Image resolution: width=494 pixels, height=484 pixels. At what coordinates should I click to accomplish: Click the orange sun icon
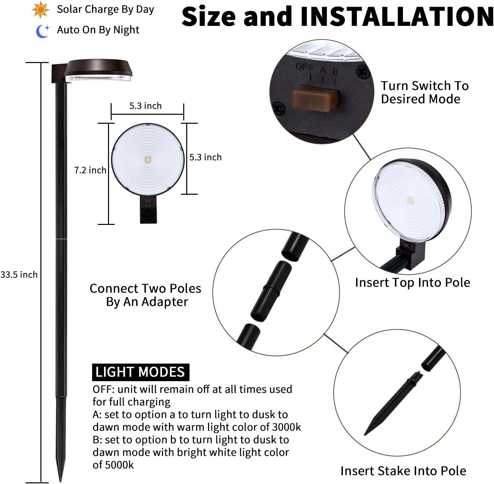pos(41,10)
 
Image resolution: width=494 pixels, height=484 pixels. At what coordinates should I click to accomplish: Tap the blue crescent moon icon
pos(42,31)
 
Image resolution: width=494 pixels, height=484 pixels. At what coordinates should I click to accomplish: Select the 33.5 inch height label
pos(19,275)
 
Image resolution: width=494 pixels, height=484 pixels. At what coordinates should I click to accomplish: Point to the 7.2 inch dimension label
pos(90,170)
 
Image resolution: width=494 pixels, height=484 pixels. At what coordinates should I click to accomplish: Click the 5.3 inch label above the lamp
pos(145,106)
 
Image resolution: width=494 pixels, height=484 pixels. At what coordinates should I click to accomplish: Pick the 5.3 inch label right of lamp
pos(205,157)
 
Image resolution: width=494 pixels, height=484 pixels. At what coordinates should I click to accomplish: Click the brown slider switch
pos(315,98)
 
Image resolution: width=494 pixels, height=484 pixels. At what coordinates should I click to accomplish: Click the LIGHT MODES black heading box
pos(140,372)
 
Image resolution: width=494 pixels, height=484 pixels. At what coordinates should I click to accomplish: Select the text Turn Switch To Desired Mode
pos(424,92)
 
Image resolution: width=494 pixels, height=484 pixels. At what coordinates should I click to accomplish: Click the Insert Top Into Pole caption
pos(412,283)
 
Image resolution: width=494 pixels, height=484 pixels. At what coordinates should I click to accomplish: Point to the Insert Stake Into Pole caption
pos(403,471)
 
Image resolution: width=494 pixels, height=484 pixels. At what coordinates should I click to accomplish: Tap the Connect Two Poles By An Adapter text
pos(145,295)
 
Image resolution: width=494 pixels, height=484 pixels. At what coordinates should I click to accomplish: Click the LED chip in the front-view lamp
pos(148,160)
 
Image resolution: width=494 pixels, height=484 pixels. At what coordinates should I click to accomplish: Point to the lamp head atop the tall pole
pos(98,71)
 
